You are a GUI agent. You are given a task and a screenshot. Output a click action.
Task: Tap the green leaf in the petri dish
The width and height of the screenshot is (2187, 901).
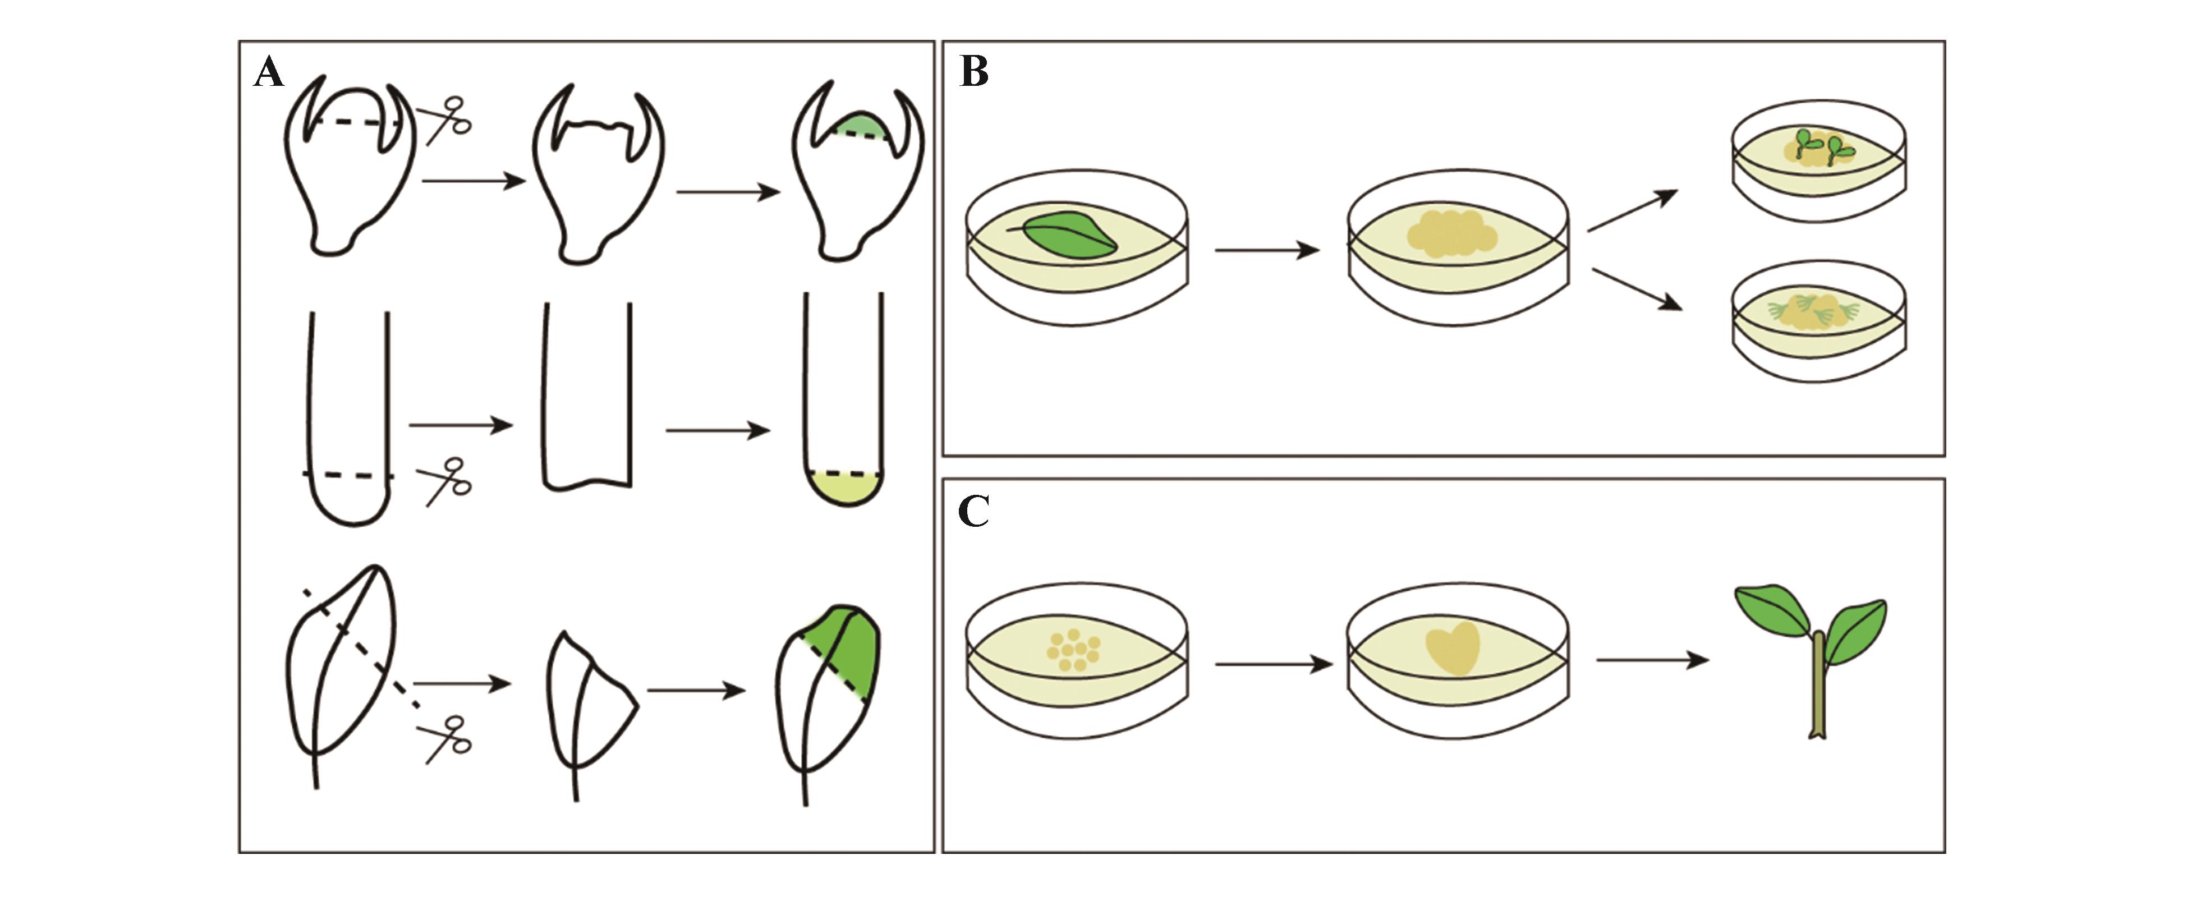(x=1070, y=235)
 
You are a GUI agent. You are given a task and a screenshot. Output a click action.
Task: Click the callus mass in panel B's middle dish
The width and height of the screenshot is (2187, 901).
(x=1453, y=233)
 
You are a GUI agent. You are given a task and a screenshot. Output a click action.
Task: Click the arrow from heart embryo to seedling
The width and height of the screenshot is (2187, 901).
(x=1651, y=660)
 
